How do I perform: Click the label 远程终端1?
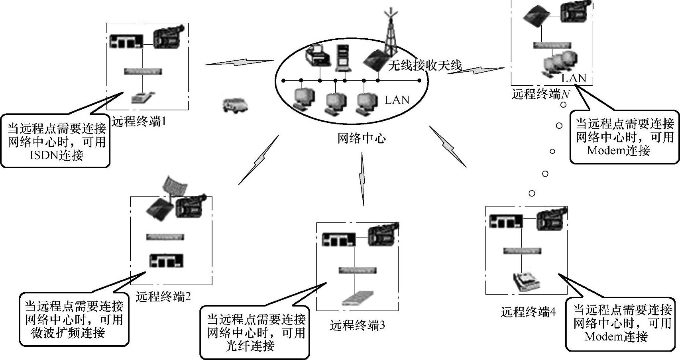coord(138,121)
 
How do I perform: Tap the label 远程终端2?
coord(163,297)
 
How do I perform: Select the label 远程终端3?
coord(358,325)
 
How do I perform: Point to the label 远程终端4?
coord(528,312)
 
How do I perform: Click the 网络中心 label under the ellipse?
coord(362,139)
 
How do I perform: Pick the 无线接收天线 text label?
coord(425,65)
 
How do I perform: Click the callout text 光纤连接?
coord(250,346)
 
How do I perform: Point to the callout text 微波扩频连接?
coord(68,332)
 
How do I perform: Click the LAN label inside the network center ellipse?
coord(397,100)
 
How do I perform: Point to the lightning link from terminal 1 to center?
coord(239,63)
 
